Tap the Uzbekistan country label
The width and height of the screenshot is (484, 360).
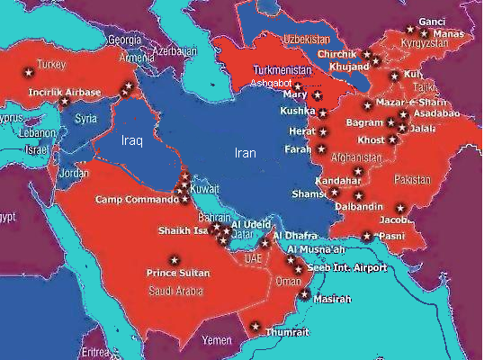coord(309,40)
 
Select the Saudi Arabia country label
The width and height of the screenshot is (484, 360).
coord(175,291)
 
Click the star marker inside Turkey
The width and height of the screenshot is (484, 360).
coord(27,70)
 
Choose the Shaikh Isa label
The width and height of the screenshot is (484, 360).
coord(182,229)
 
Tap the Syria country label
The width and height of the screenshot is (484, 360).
coord(86,119)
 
